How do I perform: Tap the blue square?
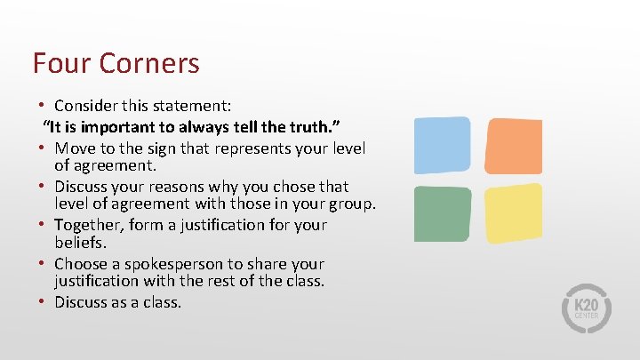tap(442, 145)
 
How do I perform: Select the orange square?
tap(513, 145)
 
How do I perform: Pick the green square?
tap(442, 213)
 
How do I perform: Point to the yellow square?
tap(513, 213)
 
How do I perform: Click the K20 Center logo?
tap(586, 308)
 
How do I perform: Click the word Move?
tap(74, 147)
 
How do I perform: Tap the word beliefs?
tap(80, 242)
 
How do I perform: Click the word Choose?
tap(81, 264)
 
